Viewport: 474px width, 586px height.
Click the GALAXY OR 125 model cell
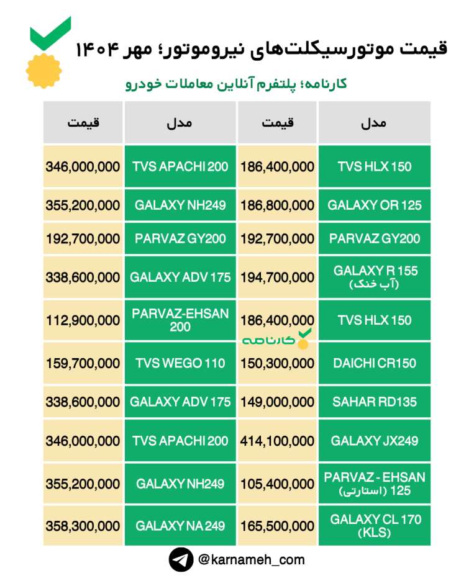(374, 205)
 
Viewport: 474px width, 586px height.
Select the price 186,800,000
(277, 205)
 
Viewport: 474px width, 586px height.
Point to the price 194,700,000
(277, 277)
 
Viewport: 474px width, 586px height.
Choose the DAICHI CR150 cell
(374, 363)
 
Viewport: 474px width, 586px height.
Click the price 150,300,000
(277, 363)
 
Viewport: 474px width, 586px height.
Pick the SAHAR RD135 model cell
(374, 402)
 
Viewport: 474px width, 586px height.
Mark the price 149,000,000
(277, 402)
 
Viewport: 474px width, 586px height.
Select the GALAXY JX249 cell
(374, 441)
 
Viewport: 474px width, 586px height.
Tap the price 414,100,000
(277, 441)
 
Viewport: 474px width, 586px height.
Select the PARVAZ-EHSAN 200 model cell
(180, 320)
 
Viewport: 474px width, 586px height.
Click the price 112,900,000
(83, 320)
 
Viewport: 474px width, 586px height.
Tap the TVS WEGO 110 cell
(180, 363)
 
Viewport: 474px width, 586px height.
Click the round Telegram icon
(181, 560)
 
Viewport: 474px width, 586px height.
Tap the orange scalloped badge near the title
(43, 71)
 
